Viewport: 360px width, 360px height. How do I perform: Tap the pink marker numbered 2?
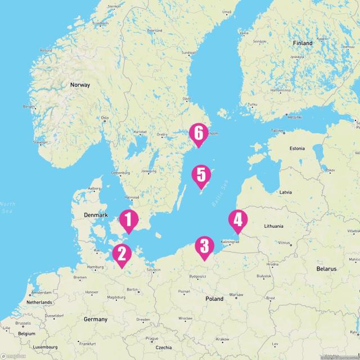(121, 254)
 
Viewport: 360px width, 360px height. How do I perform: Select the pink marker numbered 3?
(204, 247)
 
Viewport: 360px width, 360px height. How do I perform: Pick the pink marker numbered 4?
(238, 221)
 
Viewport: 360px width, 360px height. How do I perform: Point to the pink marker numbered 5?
(201, 176)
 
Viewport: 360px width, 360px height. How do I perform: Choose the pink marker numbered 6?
(197, 134)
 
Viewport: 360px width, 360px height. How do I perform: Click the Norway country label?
(80, 85)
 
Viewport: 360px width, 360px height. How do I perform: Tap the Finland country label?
(302, 43)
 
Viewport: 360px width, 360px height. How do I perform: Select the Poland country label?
(214, 299)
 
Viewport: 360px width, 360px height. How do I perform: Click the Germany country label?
(95, 319)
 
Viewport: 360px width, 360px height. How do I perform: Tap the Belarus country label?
(326, 269)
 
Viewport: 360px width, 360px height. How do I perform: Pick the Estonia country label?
(296, 148)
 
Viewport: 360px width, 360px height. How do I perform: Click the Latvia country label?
(286, 192)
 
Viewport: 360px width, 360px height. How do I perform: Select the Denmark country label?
(96, 215)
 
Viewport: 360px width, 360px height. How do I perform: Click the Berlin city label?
(133, 289)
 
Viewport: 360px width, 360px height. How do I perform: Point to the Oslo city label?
(105, 118)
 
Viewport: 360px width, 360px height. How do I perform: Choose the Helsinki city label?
(294, 118)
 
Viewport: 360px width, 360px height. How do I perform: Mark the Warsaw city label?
(236, 295)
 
